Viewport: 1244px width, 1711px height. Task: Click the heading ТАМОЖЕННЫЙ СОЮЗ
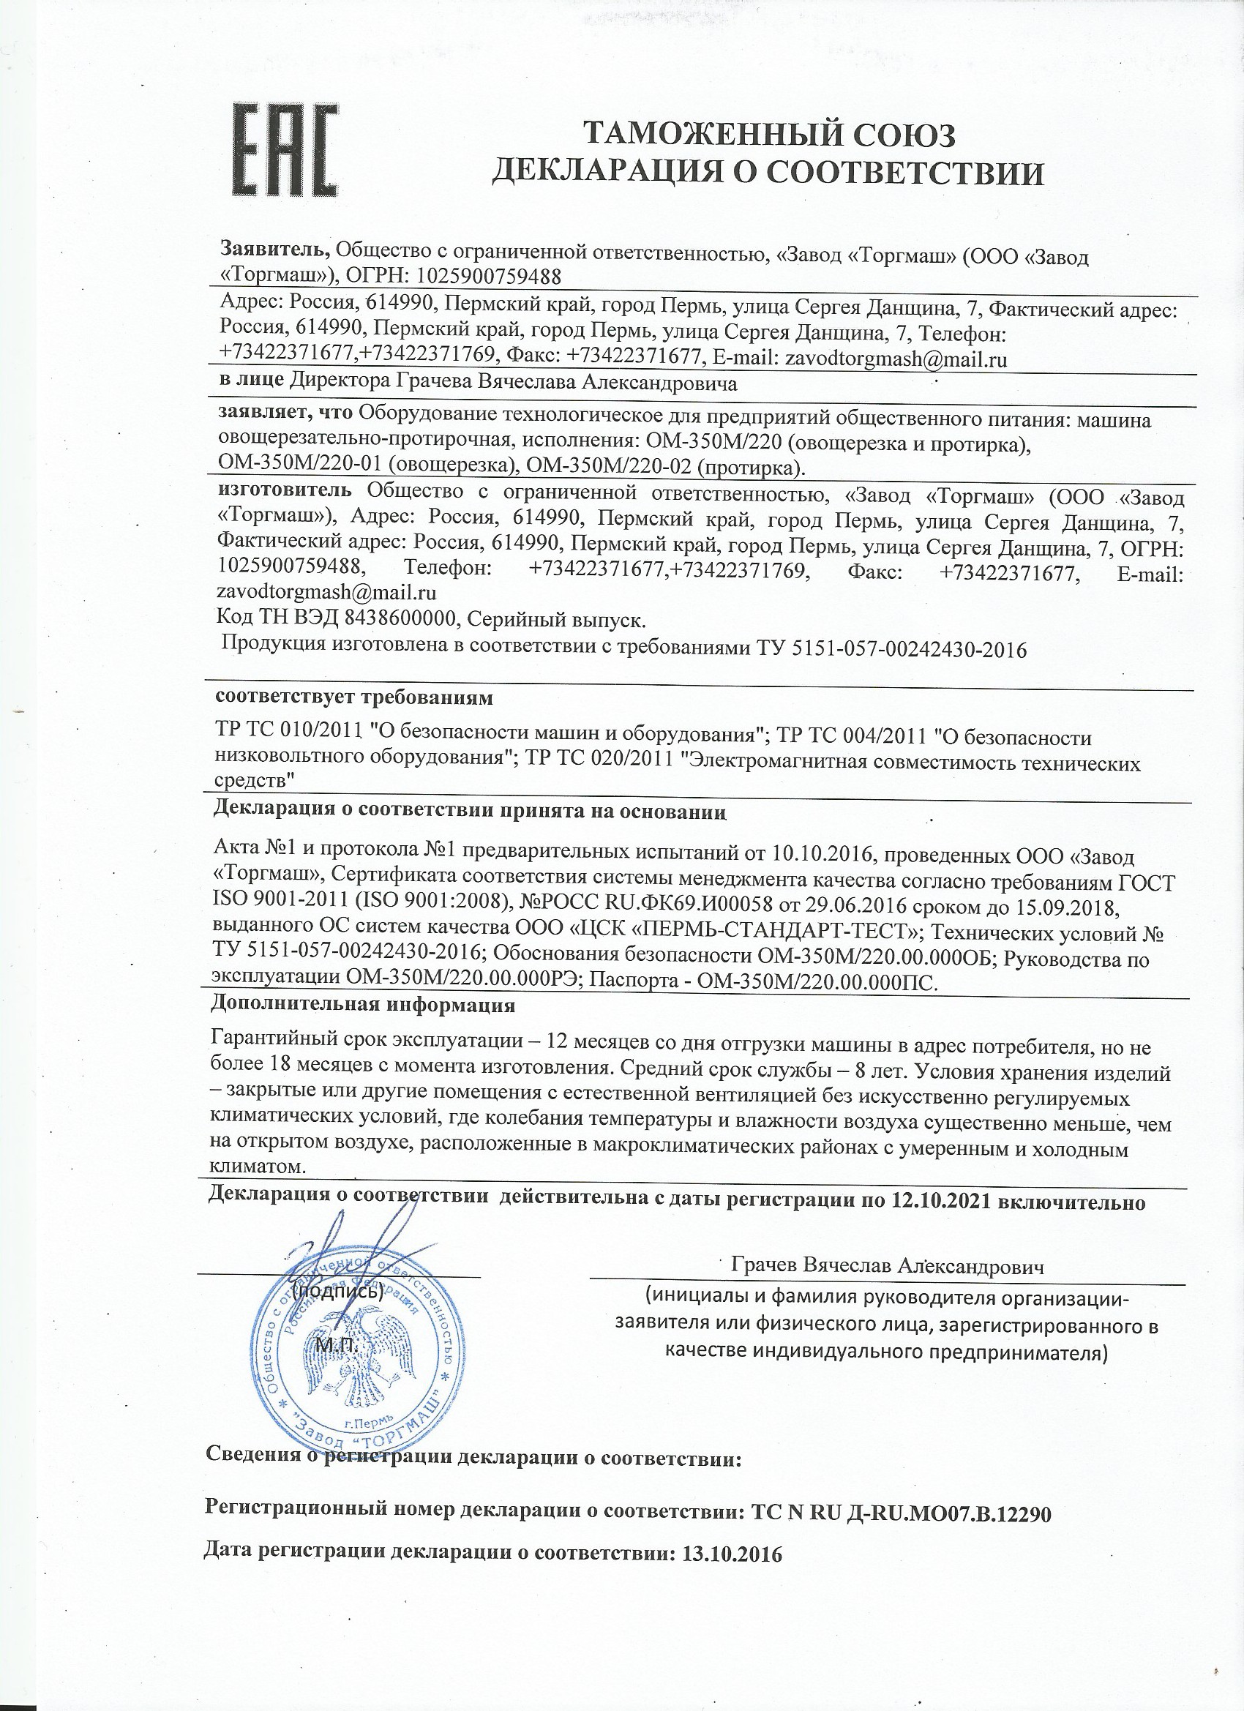tap(771, 136)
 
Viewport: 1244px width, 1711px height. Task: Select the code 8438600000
tap(400, 620)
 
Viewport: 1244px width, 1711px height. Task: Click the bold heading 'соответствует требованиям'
tap(355, 698)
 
